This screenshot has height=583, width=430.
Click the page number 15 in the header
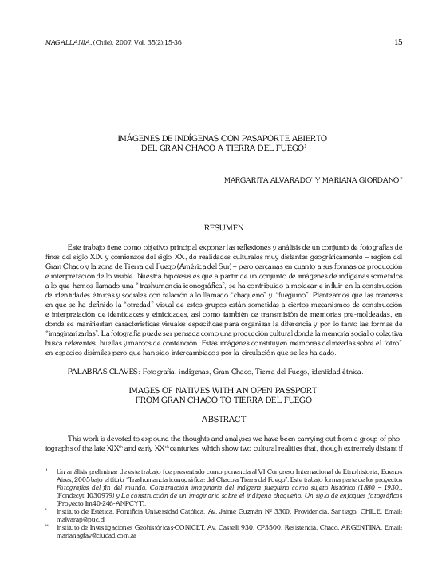[x=397, y=42]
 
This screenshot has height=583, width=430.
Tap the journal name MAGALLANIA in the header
[x=49, y=42]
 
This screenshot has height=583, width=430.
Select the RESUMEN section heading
[x=225, y=228]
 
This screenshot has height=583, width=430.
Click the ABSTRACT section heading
[x=225, y=417]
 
